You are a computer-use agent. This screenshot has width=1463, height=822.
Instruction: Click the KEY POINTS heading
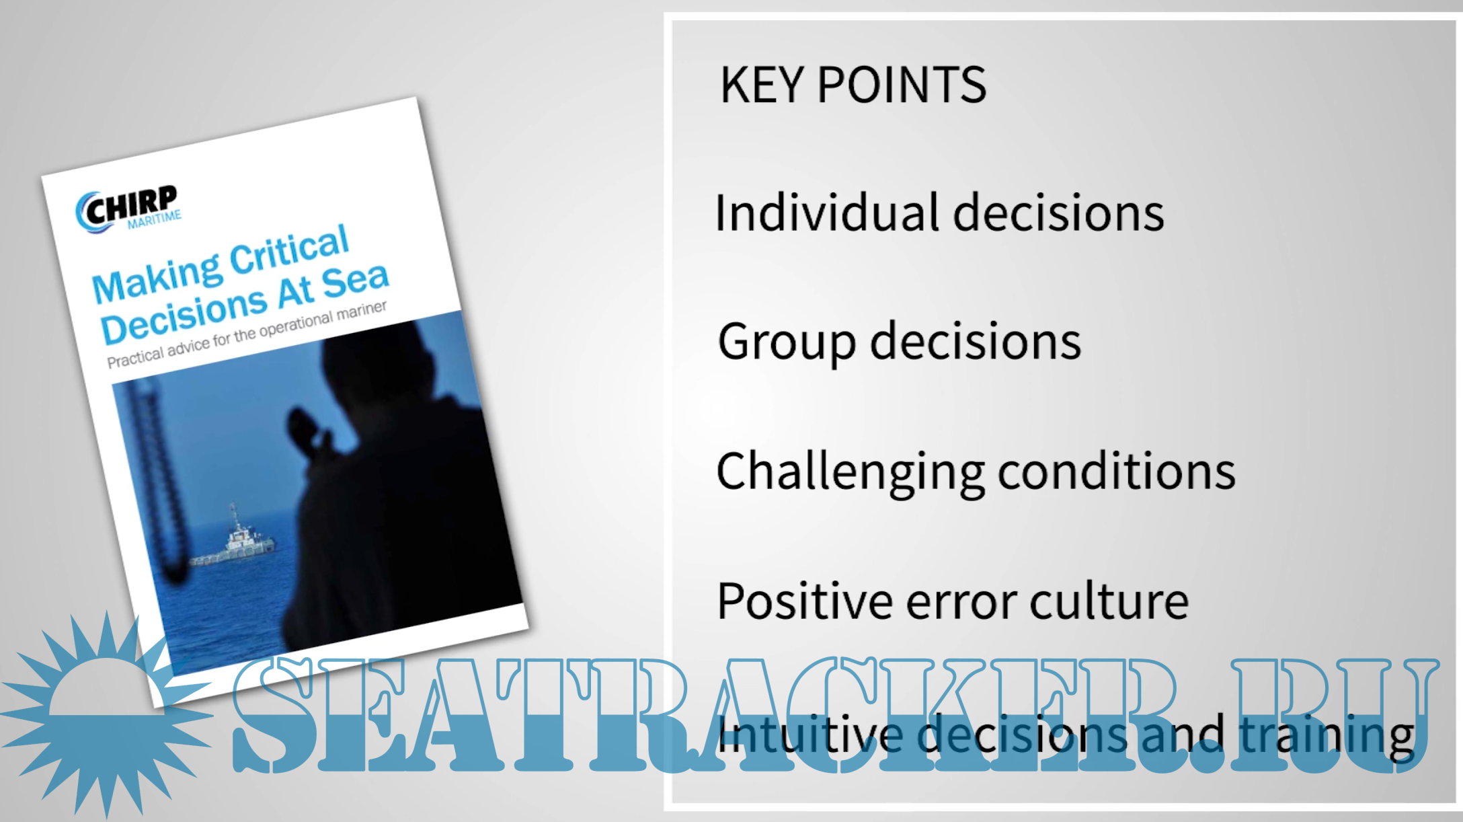853,85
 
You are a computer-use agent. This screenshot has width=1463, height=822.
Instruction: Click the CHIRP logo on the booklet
128,209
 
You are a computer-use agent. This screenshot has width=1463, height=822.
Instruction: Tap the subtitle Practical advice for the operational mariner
247,334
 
